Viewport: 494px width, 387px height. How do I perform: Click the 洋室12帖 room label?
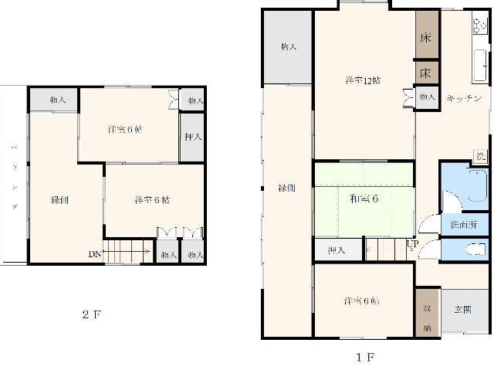click(361, 80)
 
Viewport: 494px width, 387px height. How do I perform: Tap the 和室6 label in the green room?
click(364, 199)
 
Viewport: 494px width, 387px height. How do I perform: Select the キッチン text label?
click(465, 98)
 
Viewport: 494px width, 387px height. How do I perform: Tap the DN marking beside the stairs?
click(93, 253)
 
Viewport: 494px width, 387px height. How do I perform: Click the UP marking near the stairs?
click(413, 245)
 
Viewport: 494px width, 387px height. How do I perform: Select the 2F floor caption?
click(92, 314)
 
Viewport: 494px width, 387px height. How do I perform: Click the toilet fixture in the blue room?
click(476, 249)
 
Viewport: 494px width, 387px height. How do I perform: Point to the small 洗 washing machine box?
click(480, 156)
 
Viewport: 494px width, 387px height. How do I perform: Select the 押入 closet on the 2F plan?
click(192, 137)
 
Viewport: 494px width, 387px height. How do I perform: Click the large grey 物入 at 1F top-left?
click(287, 47)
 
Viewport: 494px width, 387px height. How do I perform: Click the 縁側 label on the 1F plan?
click(286, 188)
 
